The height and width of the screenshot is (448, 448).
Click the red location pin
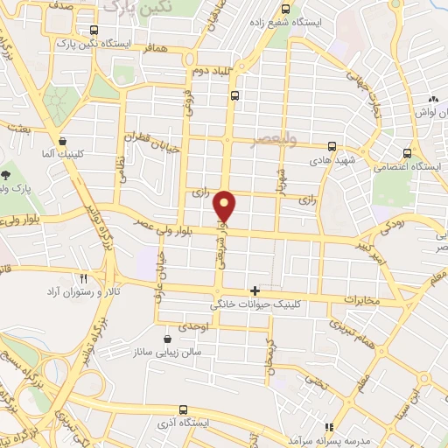click(x=227, y=206)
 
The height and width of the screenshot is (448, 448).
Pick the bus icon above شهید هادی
click(x=331, y=147)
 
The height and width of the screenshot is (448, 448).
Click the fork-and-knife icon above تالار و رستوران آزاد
click(x=84, y=277)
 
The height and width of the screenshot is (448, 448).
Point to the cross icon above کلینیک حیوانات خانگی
click(x=255, y=290)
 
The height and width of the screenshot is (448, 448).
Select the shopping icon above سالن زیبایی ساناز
click(x=168, y=339)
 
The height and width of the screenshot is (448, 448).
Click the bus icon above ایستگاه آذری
click(x=183, y=409)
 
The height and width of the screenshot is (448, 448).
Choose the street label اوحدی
click(x=191, y=325)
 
